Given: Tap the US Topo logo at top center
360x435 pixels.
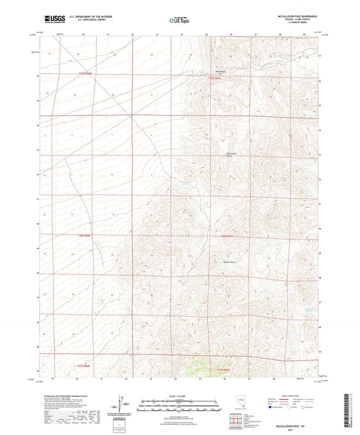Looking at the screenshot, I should click(179, 20).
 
